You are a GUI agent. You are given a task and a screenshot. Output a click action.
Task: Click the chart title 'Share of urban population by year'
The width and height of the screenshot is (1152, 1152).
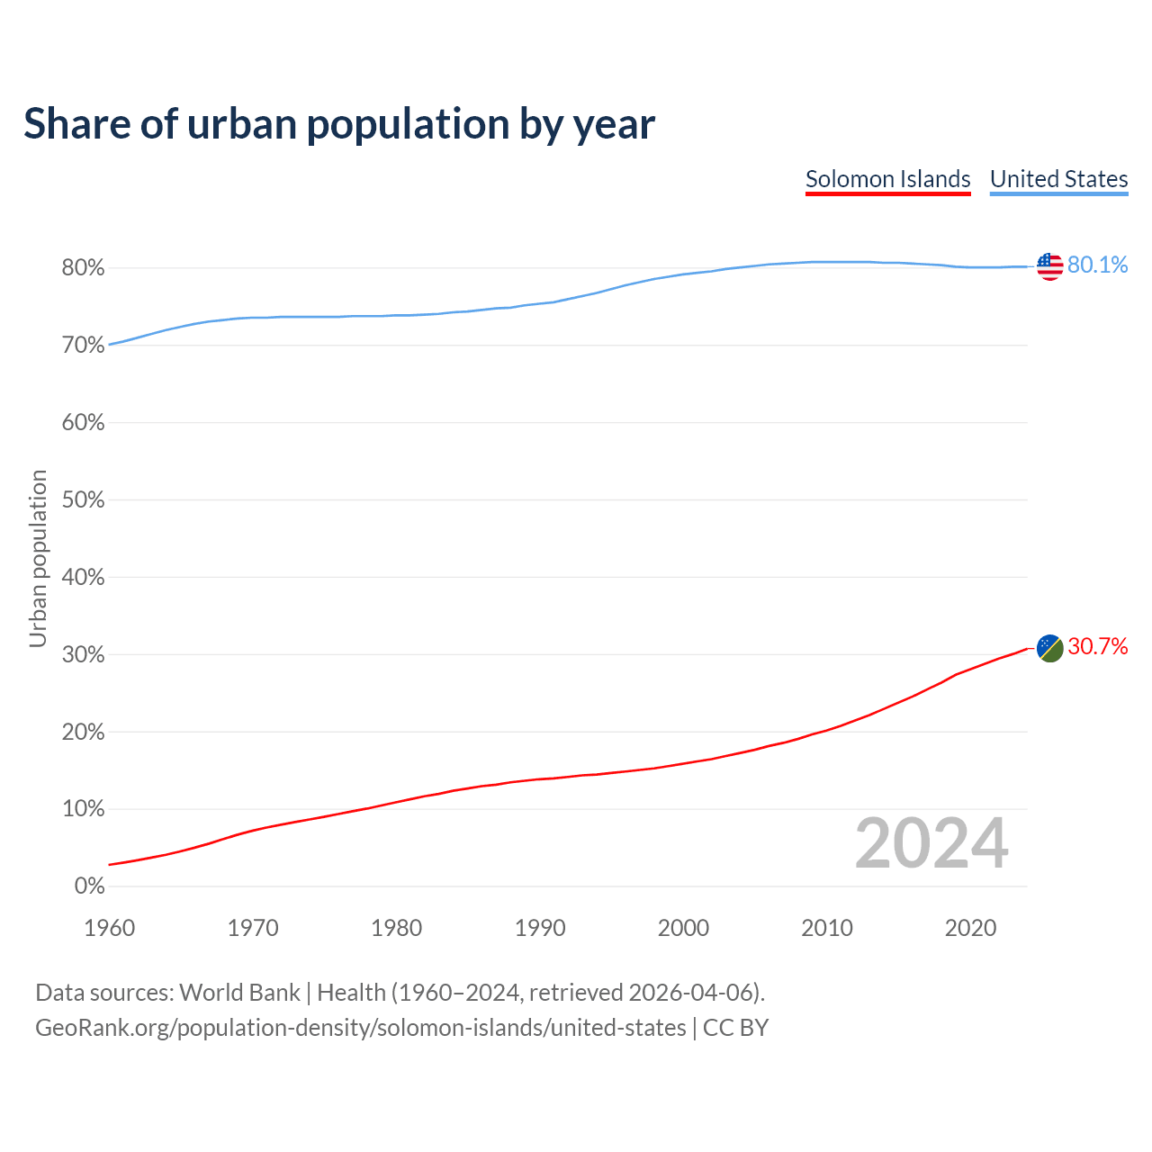point(339,124)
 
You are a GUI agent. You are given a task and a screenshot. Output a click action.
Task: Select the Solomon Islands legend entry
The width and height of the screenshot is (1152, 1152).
point(887,179)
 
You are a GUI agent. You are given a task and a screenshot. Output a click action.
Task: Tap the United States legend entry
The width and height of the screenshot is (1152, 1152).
point(1058,179)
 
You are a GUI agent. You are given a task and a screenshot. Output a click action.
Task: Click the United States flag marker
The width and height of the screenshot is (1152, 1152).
point(1049,266)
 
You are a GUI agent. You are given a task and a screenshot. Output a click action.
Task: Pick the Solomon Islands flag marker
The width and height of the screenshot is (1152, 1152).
point(1049,647)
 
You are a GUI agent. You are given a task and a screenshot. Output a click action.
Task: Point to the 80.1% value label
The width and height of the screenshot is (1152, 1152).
point(1097,265)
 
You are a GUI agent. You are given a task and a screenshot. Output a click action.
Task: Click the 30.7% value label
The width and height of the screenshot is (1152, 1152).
point(1097,646)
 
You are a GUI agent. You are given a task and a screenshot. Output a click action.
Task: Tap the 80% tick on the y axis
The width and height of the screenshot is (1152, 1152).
point(83,268)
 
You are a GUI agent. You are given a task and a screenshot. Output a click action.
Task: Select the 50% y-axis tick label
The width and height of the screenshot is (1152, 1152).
point(83,500)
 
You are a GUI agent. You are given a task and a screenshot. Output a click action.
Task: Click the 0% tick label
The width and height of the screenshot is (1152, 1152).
point(89,886)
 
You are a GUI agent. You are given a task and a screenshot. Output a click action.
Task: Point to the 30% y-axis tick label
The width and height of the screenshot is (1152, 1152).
point(83,655)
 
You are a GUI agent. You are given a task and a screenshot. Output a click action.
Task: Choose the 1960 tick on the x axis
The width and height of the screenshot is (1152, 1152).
point(109,928)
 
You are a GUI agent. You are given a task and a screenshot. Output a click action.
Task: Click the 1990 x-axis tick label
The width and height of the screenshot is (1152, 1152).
point(540,928)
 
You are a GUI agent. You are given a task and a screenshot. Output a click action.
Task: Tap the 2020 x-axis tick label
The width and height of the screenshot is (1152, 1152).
point(970,928)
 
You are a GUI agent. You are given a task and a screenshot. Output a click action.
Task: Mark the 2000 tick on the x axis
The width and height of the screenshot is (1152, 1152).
point(683,928)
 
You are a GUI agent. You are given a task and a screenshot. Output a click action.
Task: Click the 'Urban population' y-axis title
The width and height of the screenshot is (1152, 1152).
point(38,559)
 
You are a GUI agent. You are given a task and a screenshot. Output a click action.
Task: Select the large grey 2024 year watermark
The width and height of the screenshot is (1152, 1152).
point(931,843)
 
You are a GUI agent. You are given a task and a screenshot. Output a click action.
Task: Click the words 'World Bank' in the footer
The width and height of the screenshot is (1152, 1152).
point(239,993)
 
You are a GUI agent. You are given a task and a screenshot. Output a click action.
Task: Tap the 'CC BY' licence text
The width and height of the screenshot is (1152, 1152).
point(735,1028)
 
